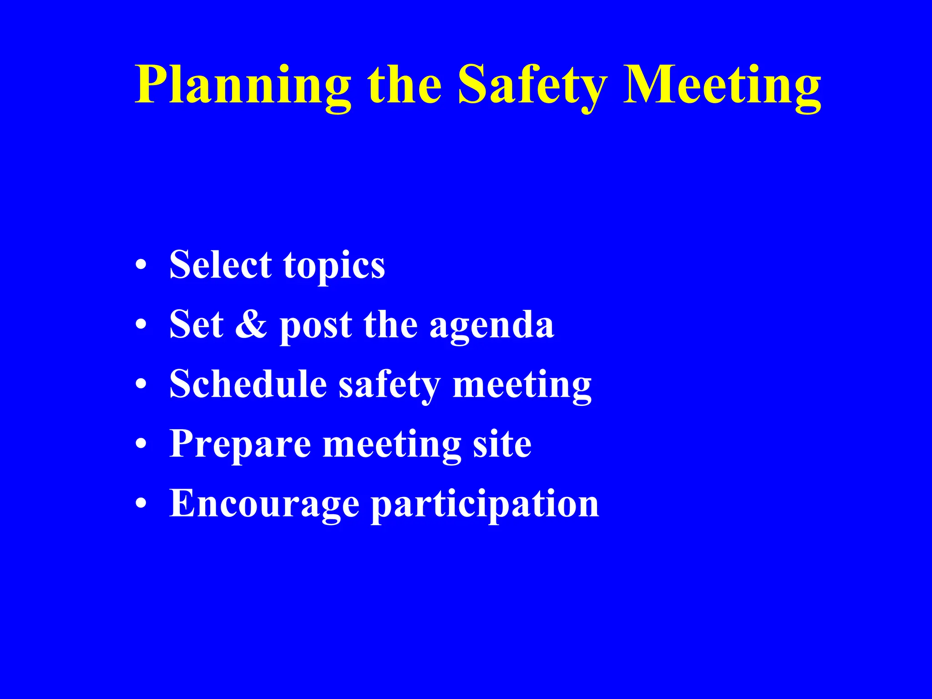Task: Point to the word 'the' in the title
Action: (x=405, y=86)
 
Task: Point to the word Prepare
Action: (x=240, y=444)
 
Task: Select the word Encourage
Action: (x=264, y=504)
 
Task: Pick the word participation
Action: (x=485, y=505)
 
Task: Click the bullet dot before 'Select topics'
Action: (x=141, y=265)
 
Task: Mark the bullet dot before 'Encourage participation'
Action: (x=141, y=504)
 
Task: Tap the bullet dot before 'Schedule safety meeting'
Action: (x=141, y=385)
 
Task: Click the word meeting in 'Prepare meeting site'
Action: (x=392, y=445)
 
